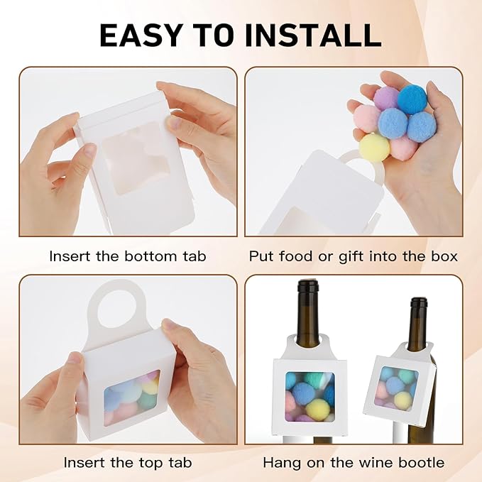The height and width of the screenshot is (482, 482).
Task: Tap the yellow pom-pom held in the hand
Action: tap(373, 147)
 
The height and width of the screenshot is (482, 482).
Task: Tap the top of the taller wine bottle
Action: tap(307, 285)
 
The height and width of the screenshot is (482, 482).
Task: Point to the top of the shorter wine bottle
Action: tap(418, 302)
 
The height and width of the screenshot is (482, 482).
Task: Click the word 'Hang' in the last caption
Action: tap(280, 462)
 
